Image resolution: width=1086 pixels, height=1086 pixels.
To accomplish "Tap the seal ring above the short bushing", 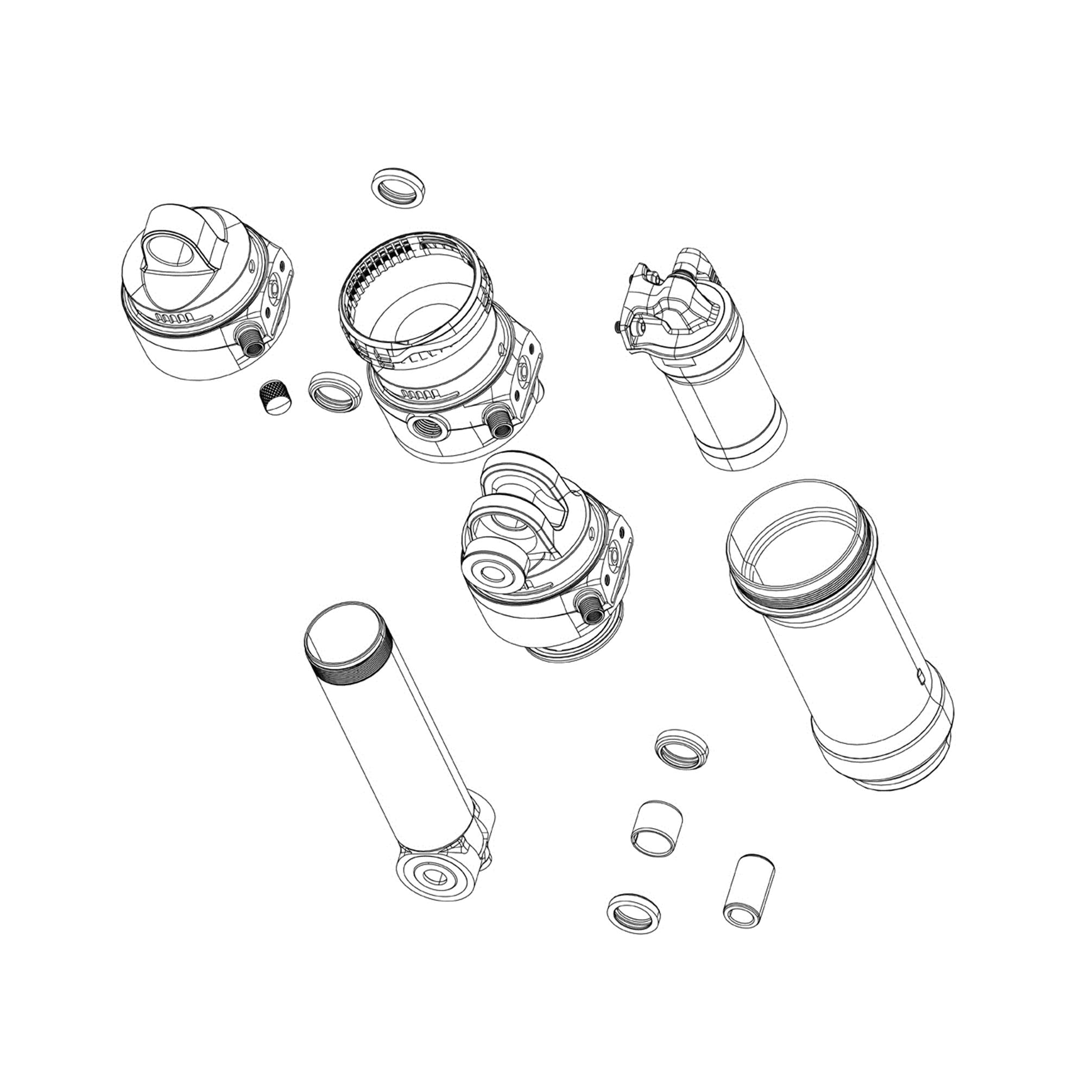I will tap(682, 748).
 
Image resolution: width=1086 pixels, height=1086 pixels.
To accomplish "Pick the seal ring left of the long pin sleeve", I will tap(634, 913).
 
